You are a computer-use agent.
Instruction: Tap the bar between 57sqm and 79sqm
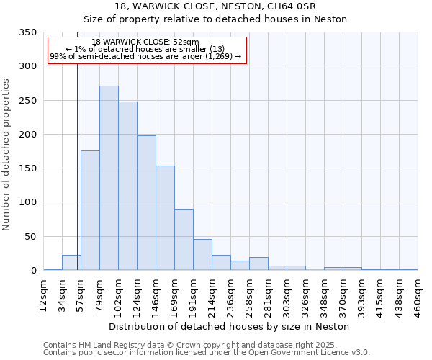click(x=90, y=210)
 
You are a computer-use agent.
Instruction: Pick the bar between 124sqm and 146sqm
click(x=146, y=203)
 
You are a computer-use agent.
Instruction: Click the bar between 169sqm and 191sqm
click(x=184, y=240)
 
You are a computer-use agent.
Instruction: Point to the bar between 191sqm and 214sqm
click(x=202, y=255)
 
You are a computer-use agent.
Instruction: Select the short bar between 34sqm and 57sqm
click(x=71, y=263)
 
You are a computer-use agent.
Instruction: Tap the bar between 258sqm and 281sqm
click(x=258, y=264)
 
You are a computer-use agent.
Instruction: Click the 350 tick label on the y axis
click(x=27, y=32)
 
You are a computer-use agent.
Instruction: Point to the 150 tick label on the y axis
click(x=27, y=168)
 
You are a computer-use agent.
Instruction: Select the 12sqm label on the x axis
click(x=44, y=292)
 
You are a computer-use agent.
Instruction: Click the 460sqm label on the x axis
click(x=418, y=292)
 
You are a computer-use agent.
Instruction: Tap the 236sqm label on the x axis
click(x=231, y=292)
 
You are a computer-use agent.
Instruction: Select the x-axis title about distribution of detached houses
click(x=230, y=326)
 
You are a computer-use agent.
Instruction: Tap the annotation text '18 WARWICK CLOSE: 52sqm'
click(x=145, y=42)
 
